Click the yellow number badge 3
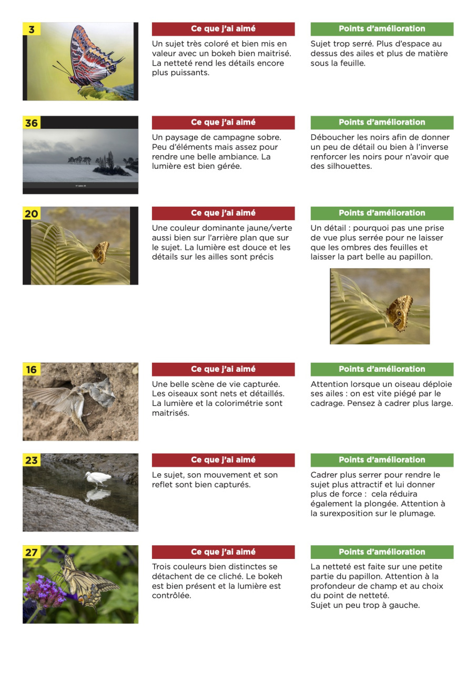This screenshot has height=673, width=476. click(x=32, y=29)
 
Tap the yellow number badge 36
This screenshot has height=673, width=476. click(x=32, y=123)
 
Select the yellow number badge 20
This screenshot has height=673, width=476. click(x=32, y=213)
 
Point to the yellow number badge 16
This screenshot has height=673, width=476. click(x=32, y=370)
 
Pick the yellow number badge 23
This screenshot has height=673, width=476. click(x=32, y=461)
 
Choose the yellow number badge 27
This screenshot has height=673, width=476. click(x=32, y=552)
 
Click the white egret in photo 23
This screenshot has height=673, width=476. click(x=98, y=477)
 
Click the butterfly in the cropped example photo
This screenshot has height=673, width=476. click(x=399, y=313)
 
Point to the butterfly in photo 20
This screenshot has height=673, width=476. click(x=101, y=252)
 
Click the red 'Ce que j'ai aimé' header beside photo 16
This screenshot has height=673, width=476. click(x=223, y=369)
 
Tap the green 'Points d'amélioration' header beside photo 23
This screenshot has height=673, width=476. click(x=382, y=460)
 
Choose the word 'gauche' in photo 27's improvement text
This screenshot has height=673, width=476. click(x=405, y=605)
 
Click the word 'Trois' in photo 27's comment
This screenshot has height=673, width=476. click(x=163, y=567)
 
